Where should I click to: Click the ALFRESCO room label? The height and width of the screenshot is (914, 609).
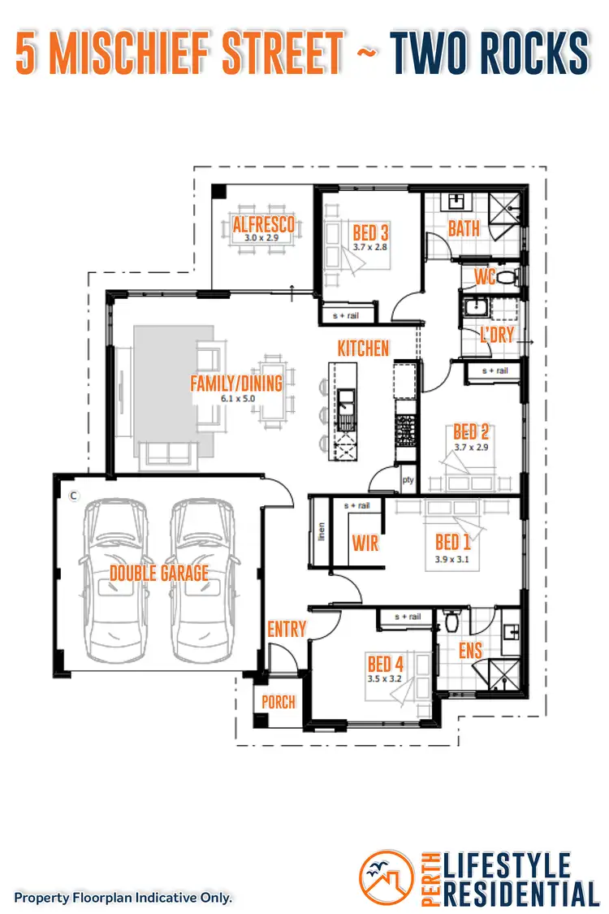pos(263,224)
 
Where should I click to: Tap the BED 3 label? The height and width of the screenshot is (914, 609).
pos(370,232)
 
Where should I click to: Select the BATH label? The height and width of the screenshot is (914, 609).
pos(464,228)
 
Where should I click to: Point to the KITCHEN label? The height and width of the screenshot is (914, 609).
pos(364,348)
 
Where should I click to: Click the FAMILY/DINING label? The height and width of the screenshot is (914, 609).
pos(235,383)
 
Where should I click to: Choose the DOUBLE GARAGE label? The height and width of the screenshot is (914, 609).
pos(159,573)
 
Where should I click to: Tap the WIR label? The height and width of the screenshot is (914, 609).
pos(365,542)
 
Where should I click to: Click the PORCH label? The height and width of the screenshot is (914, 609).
pos(279,701)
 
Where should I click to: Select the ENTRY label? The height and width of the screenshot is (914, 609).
pos(287,629)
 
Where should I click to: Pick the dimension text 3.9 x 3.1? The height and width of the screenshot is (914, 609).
pos(453,559)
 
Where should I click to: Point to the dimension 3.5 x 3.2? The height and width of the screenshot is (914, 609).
pos(386,678)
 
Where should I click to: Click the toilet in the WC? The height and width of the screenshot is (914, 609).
pos(506,278)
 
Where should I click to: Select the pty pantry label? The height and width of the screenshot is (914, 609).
pos(408,479)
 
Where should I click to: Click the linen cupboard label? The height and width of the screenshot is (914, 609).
pos(322,532)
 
